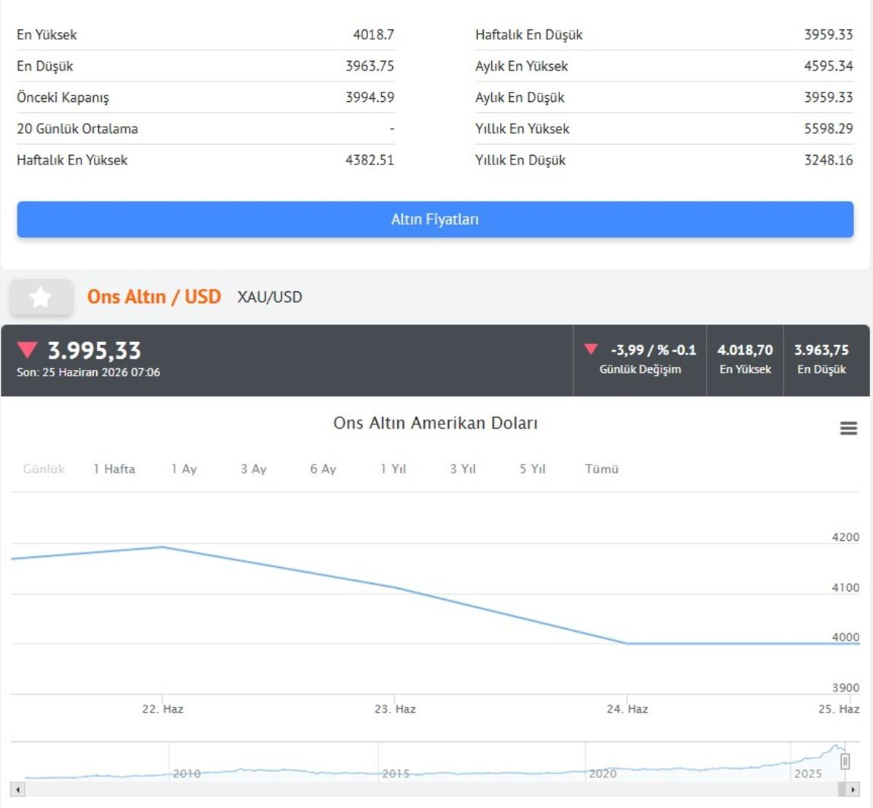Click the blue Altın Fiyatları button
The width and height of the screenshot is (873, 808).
click(x=435, y=219)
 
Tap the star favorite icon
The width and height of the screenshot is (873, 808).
click(x=41, y=297)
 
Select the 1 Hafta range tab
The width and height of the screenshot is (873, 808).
click(x=114, y=469)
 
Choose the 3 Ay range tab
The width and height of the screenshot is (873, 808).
click(x=254, y=469)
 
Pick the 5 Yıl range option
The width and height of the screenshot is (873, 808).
click(x=533, y=469)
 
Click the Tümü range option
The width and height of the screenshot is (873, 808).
click(x=602, y=469)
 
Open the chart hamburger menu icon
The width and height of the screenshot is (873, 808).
click(x=848, y=428)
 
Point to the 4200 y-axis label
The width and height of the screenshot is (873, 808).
click(x=845, y=537)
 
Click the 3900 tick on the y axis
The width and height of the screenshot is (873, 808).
click(x=845, y=687)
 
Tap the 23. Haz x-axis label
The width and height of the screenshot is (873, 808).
click(x=395, y=709)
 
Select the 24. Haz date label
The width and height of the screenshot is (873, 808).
click(x=627, y=709)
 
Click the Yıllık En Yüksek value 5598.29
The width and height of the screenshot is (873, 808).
click(x=829, y=128)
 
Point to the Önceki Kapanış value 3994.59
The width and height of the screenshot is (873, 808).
click(x=370, y=98)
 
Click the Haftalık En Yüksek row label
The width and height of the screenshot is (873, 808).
click(x=72, y=160)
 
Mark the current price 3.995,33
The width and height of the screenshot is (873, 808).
click(x=94, y=351)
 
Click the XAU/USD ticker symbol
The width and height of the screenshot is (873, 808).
click(x=269, y=297)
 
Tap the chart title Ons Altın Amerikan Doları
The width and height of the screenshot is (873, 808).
click(x=435, y=423)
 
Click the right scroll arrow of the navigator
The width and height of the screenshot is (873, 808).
click(x=853, y=790)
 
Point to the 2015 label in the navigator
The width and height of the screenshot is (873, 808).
click(x=396, y=774)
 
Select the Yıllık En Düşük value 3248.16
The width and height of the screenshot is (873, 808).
click(x=829, y=160)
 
